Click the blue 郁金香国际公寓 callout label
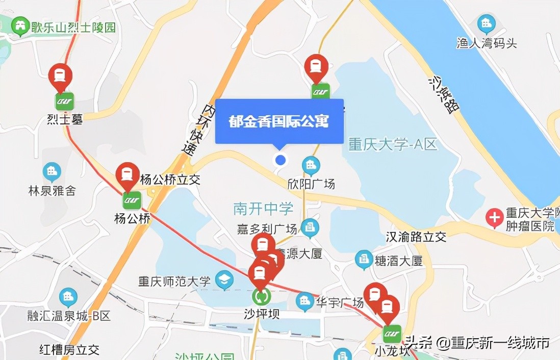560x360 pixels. click(279, 121)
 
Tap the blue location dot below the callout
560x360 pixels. click(280, 160)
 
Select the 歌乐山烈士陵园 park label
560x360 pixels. click(73, 27)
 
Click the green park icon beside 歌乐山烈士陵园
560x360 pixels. click(20, 26)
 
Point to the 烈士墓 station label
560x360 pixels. click(64, 119)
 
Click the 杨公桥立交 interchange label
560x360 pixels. click(170, 179)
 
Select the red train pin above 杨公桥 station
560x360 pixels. click(128, 175)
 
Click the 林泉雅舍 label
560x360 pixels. click(52, 191)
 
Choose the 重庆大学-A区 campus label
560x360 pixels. click(393, 144)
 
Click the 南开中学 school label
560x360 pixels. click(263, 208)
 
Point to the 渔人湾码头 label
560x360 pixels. click(487, 43)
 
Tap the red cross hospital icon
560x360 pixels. click(494, 218)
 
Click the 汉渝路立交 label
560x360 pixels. click(416, 237)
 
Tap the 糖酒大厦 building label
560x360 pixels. click(398, 261)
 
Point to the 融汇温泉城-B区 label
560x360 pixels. click(69, 316)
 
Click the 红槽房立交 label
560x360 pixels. click(69, 350)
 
